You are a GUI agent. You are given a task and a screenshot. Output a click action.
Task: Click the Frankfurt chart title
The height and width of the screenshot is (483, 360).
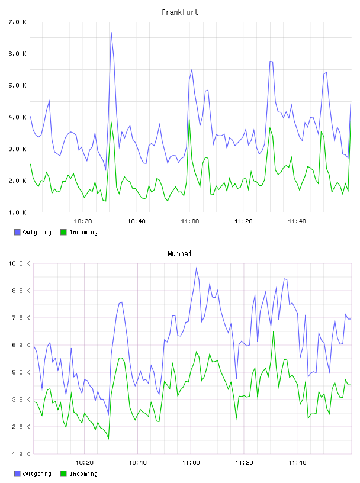(180, 12)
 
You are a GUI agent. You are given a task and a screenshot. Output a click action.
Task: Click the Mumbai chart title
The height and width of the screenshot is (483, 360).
(179, 254)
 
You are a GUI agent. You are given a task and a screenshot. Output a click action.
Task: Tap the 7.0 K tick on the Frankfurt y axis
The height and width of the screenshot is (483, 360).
(17, 22)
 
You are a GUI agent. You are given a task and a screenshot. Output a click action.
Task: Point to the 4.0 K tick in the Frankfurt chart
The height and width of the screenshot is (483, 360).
(17, 117)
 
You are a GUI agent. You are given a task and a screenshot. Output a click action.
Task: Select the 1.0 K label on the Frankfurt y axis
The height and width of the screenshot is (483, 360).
(17, 212)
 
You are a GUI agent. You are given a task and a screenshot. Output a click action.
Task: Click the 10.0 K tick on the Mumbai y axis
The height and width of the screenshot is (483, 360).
(19, 263)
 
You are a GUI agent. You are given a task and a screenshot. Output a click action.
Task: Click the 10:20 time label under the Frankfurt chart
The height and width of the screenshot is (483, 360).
(83, 221)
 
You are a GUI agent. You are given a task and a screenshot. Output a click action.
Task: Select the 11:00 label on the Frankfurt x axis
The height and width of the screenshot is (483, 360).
(190, 221)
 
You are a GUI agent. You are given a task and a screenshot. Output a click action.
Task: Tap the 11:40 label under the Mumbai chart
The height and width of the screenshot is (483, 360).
(297, 462)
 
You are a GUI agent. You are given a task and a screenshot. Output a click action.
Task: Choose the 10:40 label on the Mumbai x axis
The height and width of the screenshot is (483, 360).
(137, 462)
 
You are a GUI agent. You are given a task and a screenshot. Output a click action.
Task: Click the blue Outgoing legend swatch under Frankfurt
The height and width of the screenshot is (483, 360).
(17, 232)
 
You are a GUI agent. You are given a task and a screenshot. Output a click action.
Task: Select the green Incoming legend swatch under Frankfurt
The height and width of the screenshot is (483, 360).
(63, 232)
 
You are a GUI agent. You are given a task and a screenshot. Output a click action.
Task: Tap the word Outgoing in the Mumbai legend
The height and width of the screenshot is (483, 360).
(37, 474)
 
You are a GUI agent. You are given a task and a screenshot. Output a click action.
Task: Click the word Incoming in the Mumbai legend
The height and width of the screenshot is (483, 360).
(83, 474)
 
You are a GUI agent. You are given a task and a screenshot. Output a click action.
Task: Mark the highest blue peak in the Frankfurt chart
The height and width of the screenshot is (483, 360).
(111, 32)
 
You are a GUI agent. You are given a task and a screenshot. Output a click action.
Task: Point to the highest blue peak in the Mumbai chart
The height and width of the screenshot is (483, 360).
(197, 268)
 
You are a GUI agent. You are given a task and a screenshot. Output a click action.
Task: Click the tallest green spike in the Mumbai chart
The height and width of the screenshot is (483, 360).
(274, 331)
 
